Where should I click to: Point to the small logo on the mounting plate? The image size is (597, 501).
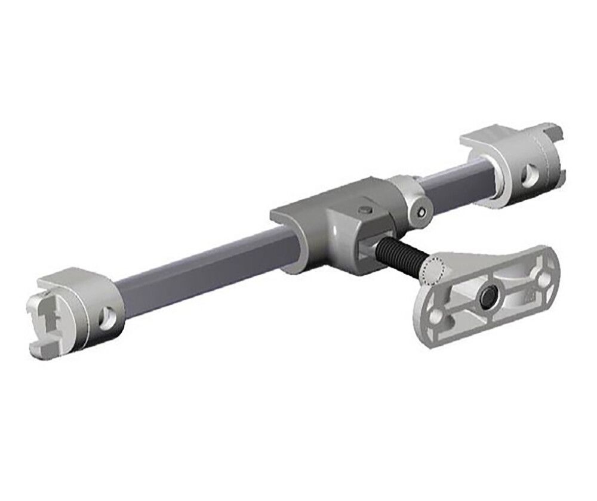530,294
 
